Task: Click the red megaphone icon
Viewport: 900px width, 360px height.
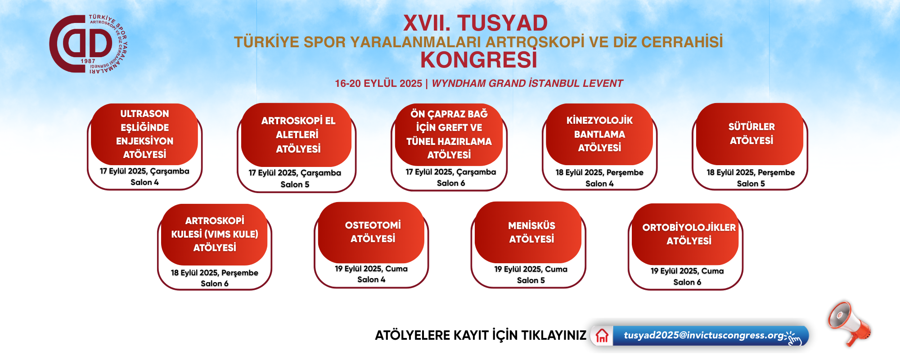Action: click(849, 323)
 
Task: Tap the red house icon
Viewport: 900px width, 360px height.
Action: click(602, 336)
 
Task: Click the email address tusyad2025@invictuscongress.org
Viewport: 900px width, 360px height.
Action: click(704, 335)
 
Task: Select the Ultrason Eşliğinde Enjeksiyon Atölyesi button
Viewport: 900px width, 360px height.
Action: click(144, 134)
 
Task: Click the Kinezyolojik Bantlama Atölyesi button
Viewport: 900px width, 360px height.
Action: click(599, 134)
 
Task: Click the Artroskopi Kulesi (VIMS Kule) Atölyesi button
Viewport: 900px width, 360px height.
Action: click(214, 234)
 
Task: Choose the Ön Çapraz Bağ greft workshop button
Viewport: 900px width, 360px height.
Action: click(449, 135)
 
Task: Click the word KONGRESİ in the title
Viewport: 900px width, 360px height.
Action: click(479, 60)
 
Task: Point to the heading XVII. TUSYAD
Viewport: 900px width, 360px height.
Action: click(475, 23)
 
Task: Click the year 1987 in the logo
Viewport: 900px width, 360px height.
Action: click(88, 61)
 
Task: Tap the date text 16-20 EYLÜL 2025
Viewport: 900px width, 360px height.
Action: click(378, 83)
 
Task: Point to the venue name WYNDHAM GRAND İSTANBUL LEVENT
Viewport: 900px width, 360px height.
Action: click(527, 83)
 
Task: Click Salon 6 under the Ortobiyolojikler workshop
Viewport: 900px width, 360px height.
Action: click(687, 282)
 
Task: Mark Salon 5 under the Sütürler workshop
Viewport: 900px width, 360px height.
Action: click(751, 184)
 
